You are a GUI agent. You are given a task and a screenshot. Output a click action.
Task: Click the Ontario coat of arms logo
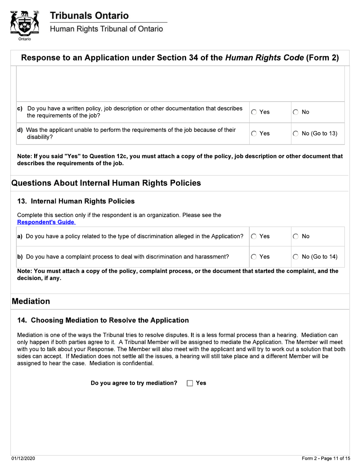24,23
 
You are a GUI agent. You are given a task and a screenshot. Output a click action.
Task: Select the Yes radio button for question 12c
255,112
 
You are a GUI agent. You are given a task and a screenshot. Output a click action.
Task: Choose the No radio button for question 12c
296,112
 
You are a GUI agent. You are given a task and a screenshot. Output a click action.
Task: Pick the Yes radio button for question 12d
255,133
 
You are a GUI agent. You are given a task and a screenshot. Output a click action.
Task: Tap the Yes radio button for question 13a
255,236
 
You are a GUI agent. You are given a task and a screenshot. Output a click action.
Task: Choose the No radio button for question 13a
296,236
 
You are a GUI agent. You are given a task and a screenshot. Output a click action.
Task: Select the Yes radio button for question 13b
255,256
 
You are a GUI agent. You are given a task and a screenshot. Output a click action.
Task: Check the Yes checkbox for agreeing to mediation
190,383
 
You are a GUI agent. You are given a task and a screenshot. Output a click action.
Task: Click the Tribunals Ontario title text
89,16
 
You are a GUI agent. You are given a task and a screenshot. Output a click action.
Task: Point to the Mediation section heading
31,301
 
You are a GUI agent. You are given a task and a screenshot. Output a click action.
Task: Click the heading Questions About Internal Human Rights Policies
106,183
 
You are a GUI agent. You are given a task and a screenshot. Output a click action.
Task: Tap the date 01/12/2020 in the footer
23,458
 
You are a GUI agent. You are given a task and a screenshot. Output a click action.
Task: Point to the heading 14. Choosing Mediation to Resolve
103,320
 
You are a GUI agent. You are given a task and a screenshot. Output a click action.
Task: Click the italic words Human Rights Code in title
264,58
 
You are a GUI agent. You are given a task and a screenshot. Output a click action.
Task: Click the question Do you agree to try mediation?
134,383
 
